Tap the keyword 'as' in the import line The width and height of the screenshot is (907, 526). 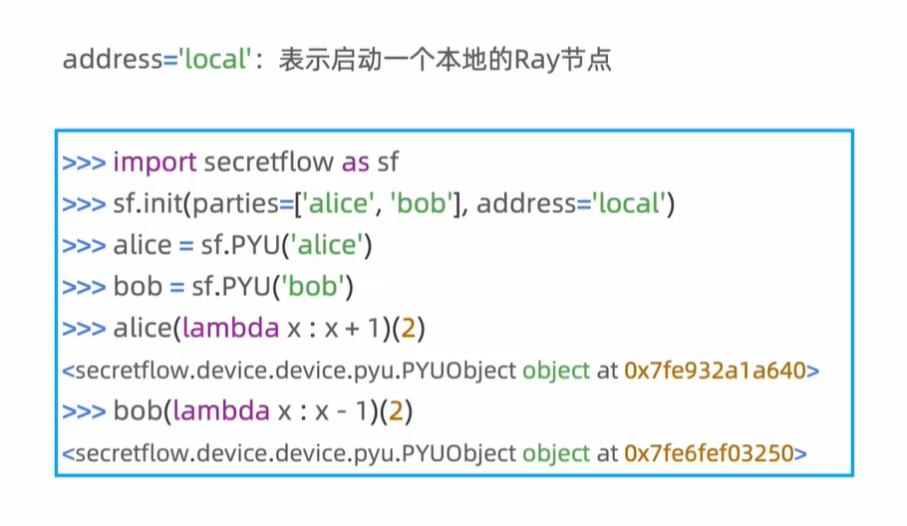(356, 161)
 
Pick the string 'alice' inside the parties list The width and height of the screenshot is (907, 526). (337, 204)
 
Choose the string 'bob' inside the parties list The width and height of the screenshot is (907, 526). (421, 204)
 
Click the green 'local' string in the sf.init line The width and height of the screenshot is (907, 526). (630, 204)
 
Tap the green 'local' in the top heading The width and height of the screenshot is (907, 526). (213, 59)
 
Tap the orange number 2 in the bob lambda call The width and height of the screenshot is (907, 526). (394, 410)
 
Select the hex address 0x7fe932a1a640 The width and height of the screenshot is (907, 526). (715, 371)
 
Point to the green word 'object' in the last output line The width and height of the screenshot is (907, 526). (556, 453)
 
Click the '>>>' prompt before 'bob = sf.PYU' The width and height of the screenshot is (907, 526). (84, 288)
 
